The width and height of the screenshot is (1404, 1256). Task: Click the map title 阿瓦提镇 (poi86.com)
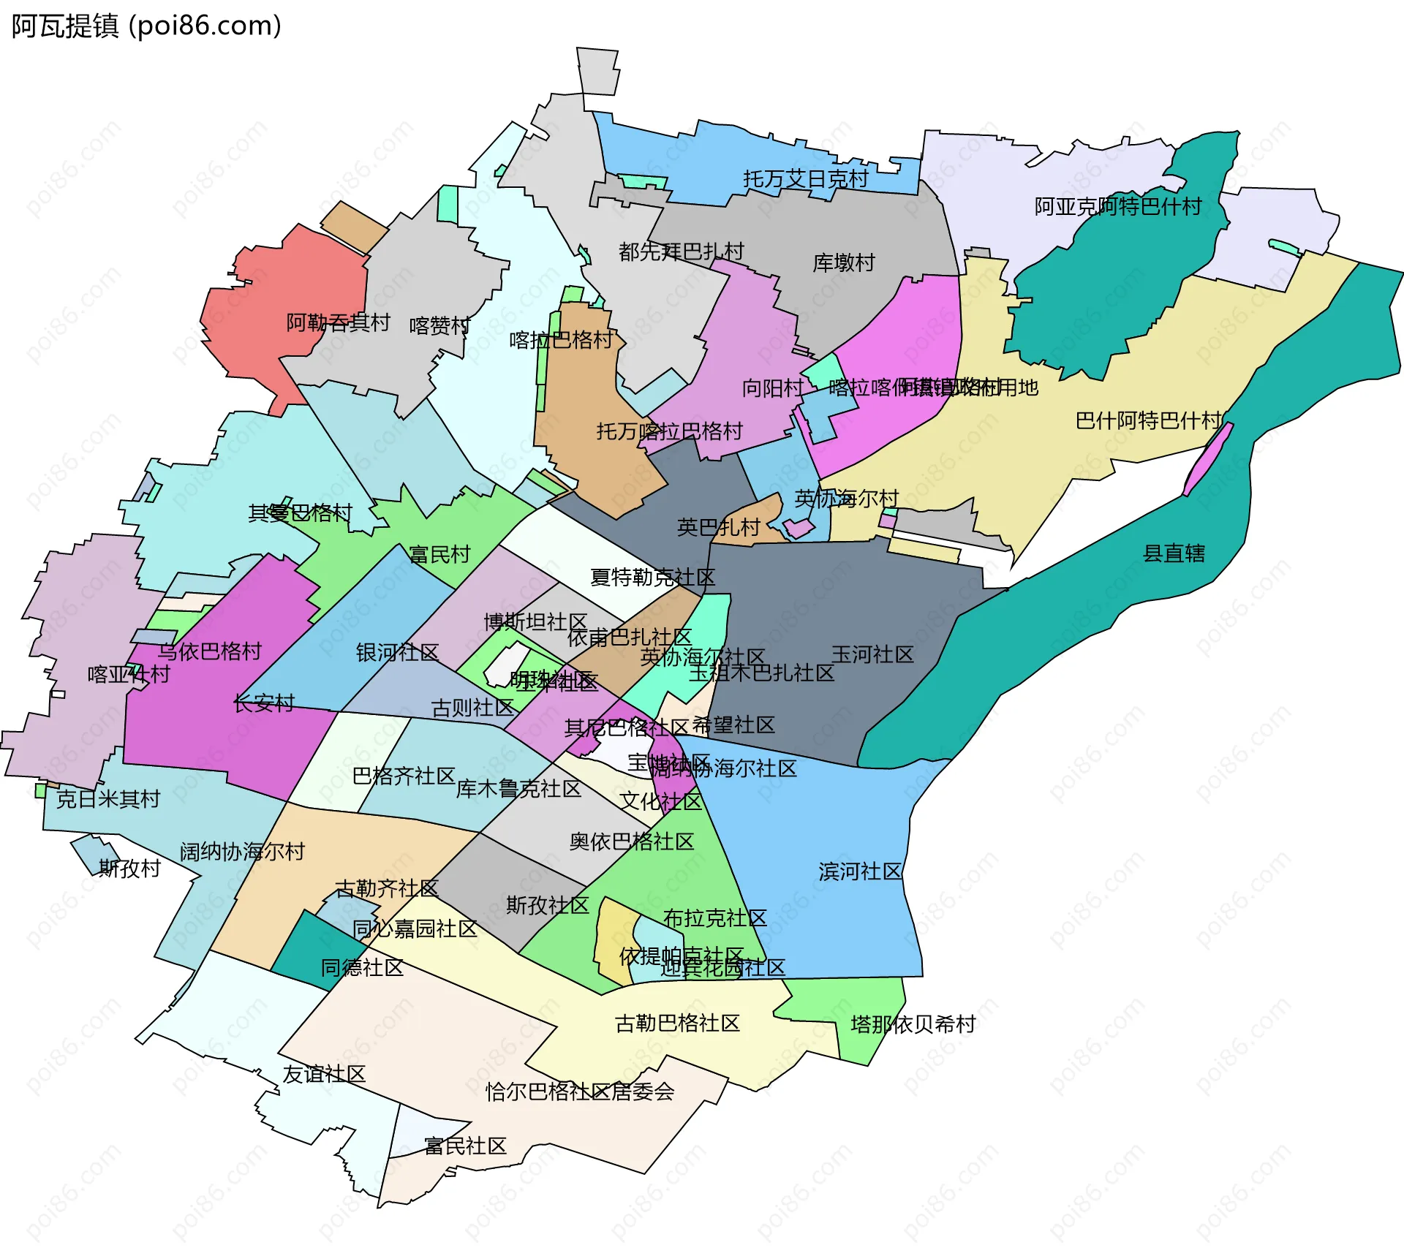coord(146,26)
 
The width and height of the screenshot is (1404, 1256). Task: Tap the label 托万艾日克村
coord(805,179)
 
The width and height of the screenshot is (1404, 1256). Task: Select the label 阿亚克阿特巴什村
coord(1117,207)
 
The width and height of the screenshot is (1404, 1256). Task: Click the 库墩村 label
coord(843,262)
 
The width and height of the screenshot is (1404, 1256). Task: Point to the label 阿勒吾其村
coord(338,322)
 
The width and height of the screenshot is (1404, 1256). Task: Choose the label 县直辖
coord(1173,553)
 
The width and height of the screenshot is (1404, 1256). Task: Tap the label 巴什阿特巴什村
coord(1148,420)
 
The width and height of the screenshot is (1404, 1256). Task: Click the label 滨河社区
coord(860,871)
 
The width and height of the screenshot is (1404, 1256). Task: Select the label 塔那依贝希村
coord(913,1024)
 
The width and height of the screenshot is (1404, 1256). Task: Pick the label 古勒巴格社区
coord(677,1023)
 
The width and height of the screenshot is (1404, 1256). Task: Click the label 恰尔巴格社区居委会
coord(579,1092)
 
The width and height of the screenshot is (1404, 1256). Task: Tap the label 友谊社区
coord(324,1074)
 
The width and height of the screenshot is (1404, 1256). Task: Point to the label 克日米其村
coord(108,799)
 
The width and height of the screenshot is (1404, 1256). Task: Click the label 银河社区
coord(397,652)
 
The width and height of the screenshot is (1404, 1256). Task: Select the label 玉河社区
coord(872,654)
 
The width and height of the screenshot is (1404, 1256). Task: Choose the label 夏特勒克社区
coord(652,578)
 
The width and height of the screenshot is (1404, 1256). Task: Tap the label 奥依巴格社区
coord(631,841)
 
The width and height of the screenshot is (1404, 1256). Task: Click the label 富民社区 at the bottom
coord(465,1146)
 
